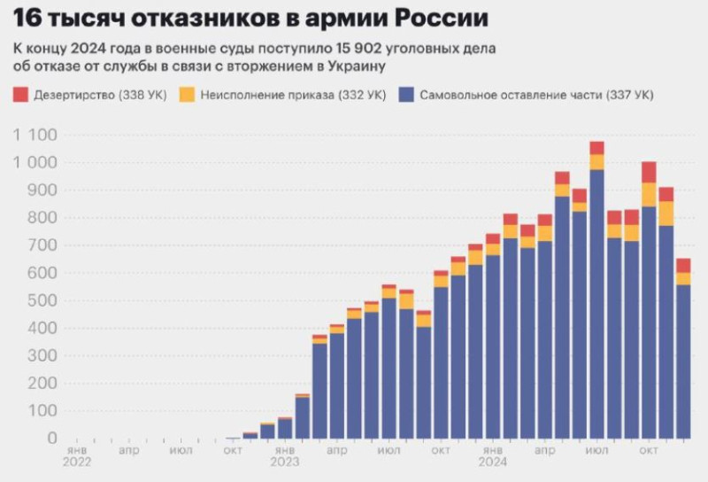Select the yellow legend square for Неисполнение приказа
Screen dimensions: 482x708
tap(187, 95)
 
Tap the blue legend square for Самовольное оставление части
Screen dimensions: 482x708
tap(407, 95)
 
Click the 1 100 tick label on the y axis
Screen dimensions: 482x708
tap(35, 136)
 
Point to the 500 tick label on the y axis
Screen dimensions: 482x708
tap(41, 301)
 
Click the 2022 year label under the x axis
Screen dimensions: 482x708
tap(76, 462)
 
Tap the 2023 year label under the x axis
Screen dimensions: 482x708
tap(284, 462)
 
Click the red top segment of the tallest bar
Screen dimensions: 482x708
tap(596, 147)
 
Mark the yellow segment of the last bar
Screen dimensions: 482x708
tap(683, 278)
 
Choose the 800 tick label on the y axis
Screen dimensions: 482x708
tap(41, 218)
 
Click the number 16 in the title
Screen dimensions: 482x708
tap(26, 17)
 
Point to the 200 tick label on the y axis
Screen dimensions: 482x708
tap(41, 384)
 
